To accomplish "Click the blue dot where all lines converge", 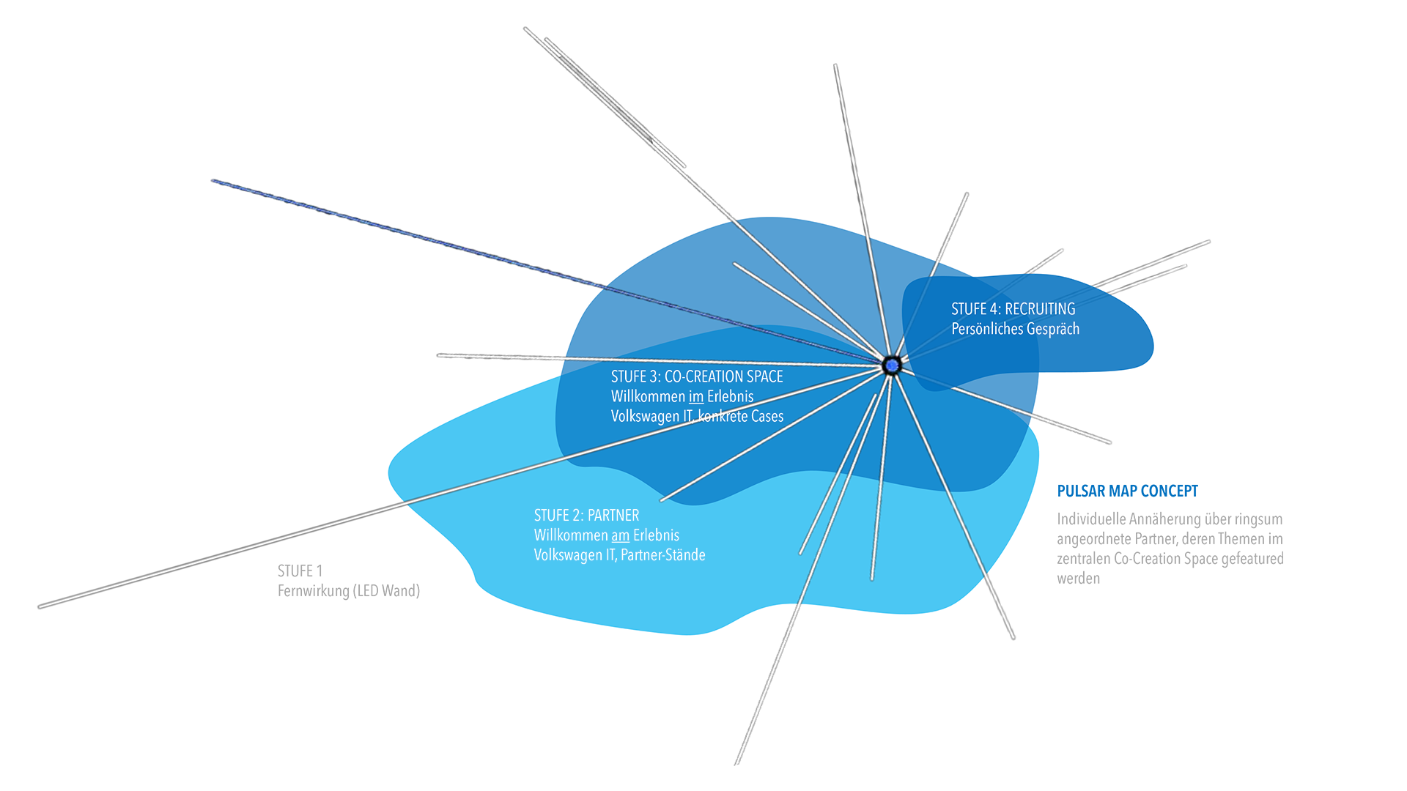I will pos(892,365).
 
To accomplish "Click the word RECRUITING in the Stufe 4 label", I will pos(1040,309).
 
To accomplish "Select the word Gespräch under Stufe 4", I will pos(1052,330).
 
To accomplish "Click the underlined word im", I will pos(696,397).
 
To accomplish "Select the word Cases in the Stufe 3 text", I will pos(767,417).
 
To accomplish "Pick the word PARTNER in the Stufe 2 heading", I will pos(613,516).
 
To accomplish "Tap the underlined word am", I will pos(621,535).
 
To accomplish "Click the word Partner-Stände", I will pos(663,555).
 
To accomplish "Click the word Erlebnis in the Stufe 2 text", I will pos(657,535).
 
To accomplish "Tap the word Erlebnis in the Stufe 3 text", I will pos(731,397).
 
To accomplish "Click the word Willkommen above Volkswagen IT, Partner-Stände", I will pos(571,535).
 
